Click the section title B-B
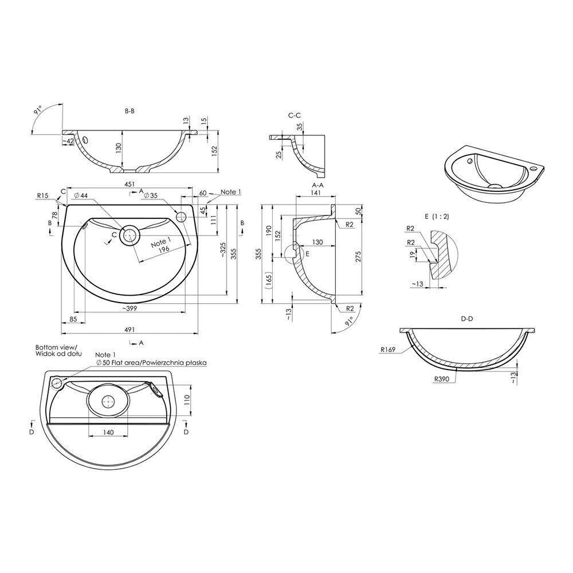(129, 111)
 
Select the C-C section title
(295, 115)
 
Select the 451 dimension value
(129, 184)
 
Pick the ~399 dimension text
(129, 309)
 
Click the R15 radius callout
(43, 195)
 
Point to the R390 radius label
(442, 379)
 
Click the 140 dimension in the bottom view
(108, 431)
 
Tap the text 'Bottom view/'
(59, 347)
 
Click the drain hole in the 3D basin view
(494, 186)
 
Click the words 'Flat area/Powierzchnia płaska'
(155, 363)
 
